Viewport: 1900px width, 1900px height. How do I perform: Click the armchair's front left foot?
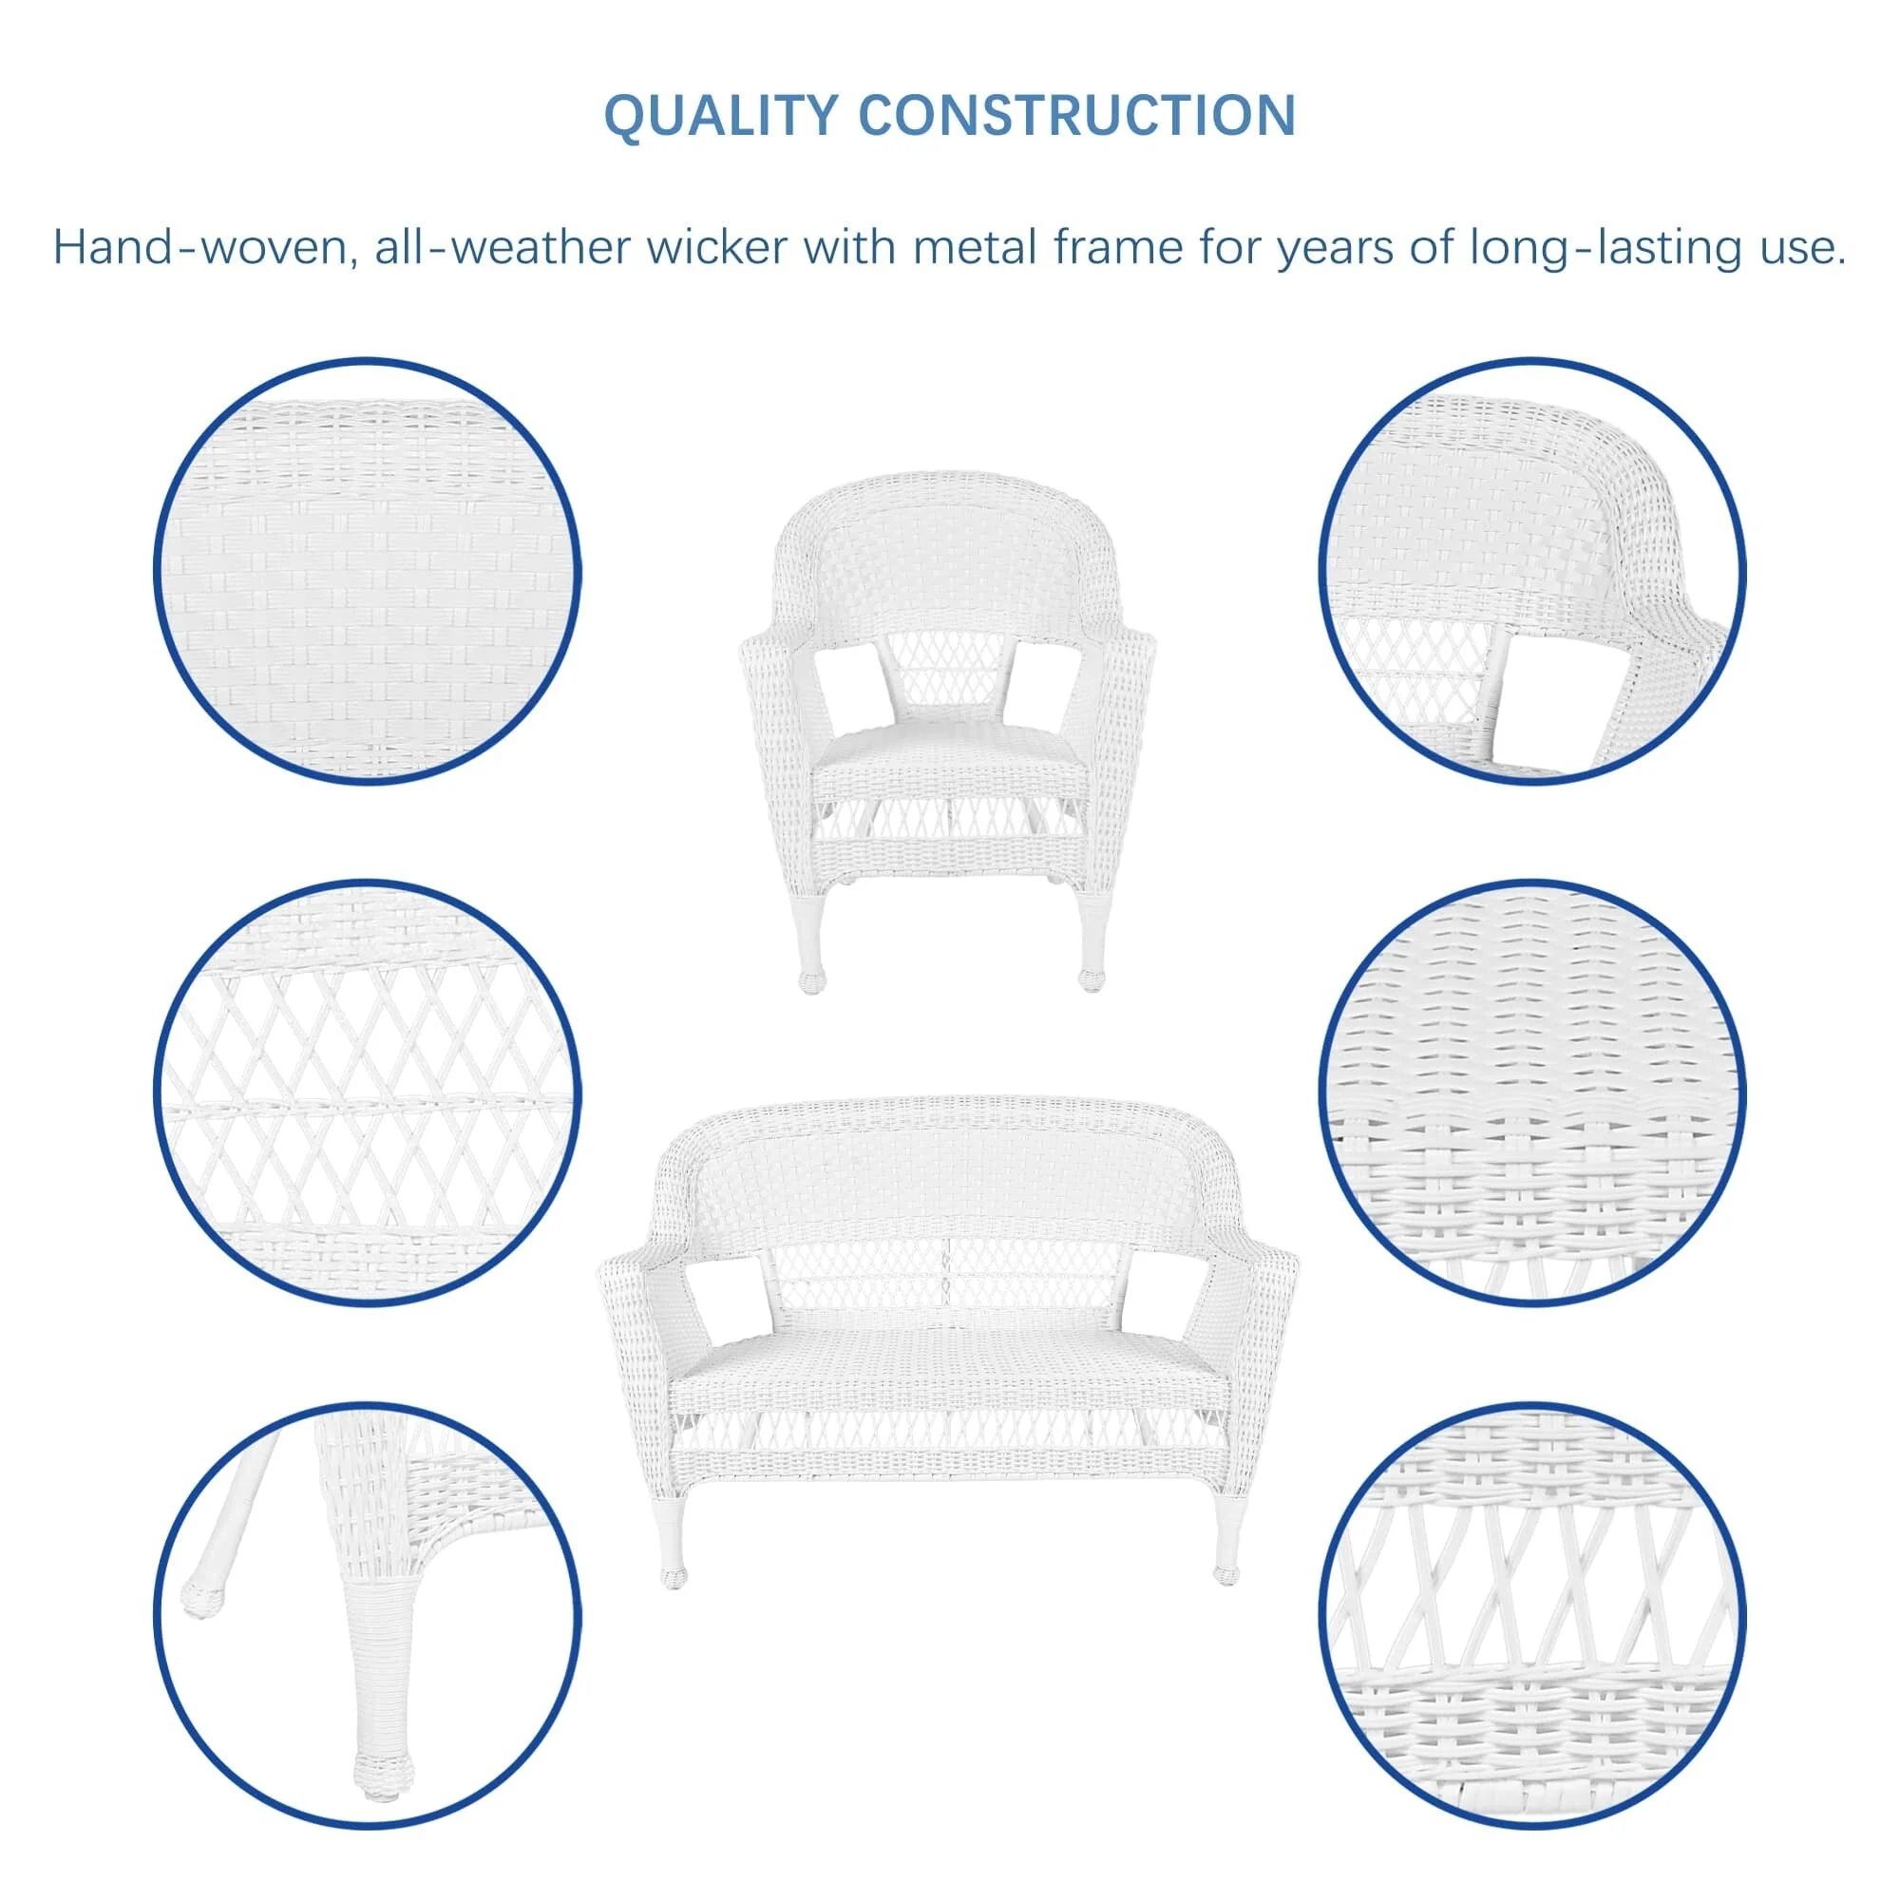[x=812, y=980]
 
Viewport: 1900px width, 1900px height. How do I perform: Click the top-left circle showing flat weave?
[x=368, y=571]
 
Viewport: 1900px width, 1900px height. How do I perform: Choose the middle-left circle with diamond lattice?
[x=368, y=1092]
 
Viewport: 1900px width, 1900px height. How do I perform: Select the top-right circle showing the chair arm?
[x=1531, y=571]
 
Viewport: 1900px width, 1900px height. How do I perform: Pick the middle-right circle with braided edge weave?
[x=1531, y=1092]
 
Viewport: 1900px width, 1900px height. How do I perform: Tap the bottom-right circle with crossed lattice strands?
[x=1531, y=1614]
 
